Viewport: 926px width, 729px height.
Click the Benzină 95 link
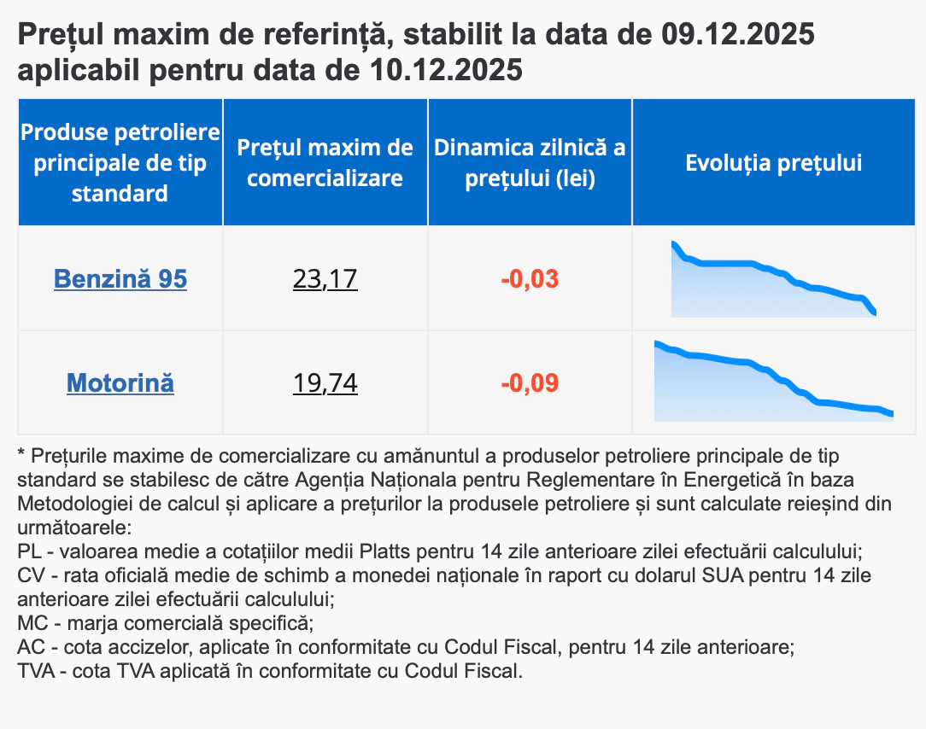(120, 278)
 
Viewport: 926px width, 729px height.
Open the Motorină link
(120, 382)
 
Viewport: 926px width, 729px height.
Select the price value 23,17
(325, 278)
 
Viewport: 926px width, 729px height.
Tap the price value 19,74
(325, 382)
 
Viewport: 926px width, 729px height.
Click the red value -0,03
(530, 278)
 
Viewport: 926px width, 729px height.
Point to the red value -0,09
(530, 382)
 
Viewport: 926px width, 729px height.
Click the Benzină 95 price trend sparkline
(773, 279)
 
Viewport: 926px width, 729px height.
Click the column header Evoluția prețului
(773, 162)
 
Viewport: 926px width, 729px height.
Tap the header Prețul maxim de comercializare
(325, 162)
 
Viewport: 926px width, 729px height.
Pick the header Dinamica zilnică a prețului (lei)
(530, 162)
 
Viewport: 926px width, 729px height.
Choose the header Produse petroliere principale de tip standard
(120, 162)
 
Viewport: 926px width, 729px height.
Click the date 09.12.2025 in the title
(737, 36)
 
